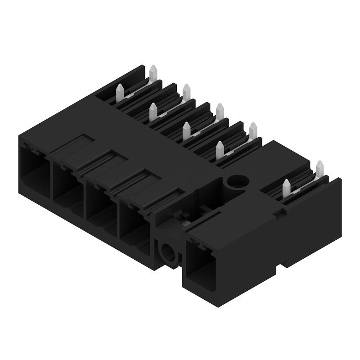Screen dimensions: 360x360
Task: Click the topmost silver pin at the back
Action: tap(153, 71)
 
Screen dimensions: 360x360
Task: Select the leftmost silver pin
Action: tap(120, 92)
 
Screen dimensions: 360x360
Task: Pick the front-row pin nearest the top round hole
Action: tap(219, 148)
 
